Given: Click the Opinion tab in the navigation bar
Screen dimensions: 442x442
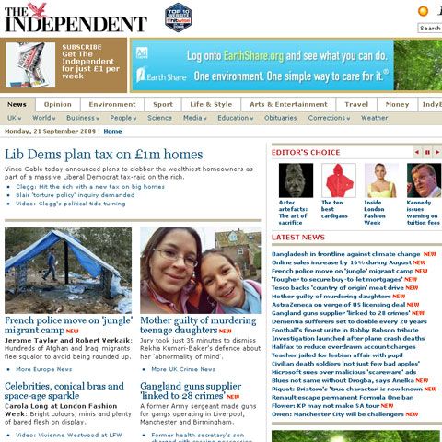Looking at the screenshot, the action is [57, 104].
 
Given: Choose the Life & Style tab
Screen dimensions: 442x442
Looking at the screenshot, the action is [211, 104].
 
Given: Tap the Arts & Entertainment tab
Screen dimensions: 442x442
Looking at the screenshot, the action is [287, 104].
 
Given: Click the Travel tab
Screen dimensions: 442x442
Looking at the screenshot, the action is [356, 104].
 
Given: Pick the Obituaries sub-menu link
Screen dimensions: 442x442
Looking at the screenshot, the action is [280, 118].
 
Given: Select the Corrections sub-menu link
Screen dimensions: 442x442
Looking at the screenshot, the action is [327, 118].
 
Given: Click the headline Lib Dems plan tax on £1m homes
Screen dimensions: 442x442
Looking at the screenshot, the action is [106, 154].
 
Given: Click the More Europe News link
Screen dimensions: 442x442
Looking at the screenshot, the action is [44, 369].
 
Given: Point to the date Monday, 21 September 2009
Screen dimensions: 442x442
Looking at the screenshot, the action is [51, 132].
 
